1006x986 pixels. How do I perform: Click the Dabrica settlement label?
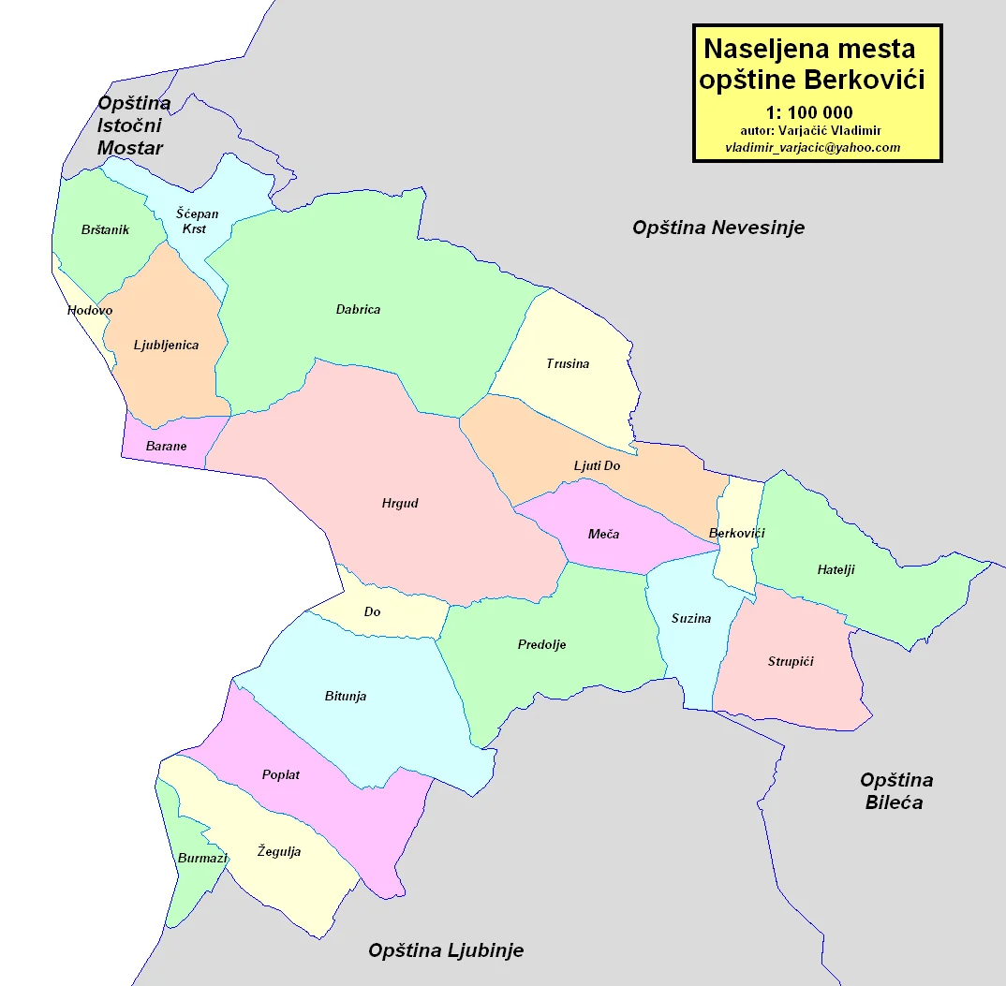(358, 310)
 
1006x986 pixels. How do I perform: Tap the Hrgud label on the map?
(400, 504)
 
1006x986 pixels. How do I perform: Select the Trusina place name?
(568, 363)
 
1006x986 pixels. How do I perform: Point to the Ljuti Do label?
(597, 465)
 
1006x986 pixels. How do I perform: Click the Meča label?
(603, 534)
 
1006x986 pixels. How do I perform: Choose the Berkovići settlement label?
(737, 534)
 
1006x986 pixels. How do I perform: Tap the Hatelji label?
(836, 569)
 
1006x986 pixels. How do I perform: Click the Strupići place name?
(791, 662)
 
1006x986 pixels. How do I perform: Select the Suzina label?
(691, 618)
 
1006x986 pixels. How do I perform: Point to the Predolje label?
(541, 644)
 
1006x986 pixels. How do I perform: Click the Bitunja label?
(345, 696)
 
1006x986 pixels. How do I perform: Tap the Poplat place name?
(281, 775)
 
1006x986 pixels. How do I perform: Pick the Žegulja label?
(279, 852)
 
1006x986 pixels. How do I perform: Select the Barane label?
(167, 447)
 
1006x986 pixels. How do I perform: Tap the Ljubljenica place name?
(166, 345)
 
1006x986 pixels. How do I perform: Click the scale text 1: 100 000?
(809, 113)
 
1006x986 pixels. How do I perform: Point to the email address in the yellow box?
(812, 148)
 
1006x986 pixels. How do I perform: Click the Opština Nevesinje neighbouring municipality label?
(718, 228)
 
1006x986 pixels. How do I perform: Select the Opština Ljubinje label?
(446, 951)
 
